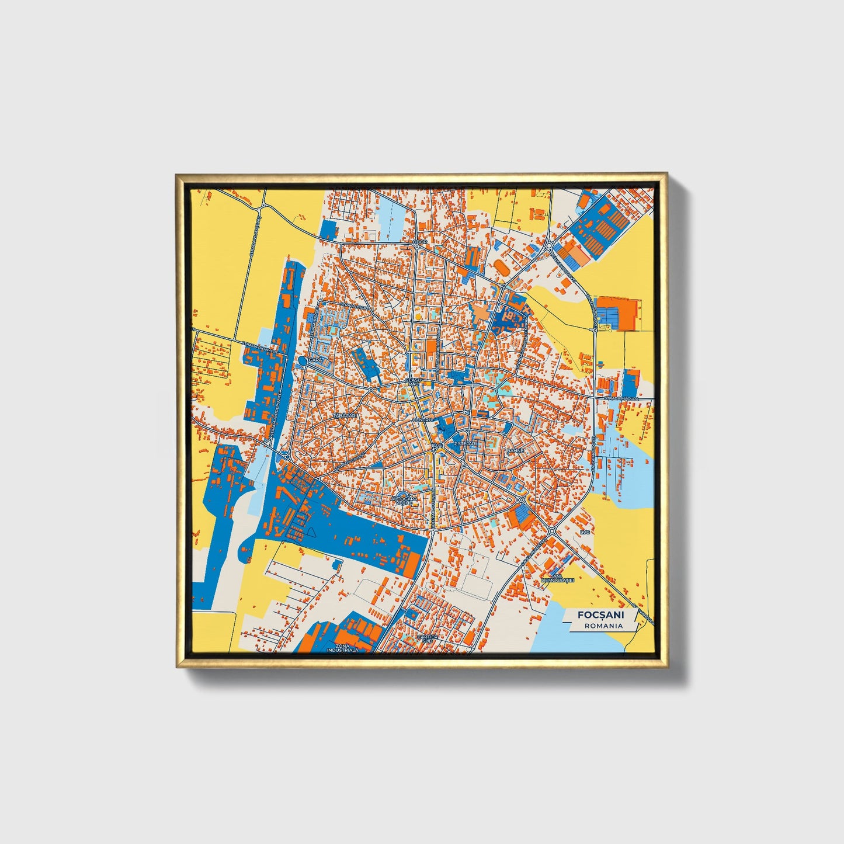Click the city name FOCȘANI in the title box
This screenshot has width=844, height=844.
600,614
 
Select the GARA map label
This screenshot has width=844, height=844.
316,360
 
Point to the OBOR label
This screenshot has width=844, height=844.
420,241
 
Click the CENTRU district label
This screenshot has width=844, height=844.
421,420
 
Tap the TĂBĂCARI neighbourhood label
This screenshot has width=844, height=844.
344,415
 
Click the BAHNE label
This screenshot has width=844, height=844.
515,451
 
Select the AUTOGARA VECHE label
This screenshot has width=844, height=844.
404,501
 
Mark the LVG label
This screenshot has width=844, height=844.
585,533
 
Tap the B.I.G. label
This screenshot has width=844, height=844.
435,446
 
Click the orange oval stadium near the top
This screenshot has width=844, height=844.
501,268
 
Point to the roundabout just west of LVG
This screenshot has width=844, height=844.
551,531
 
